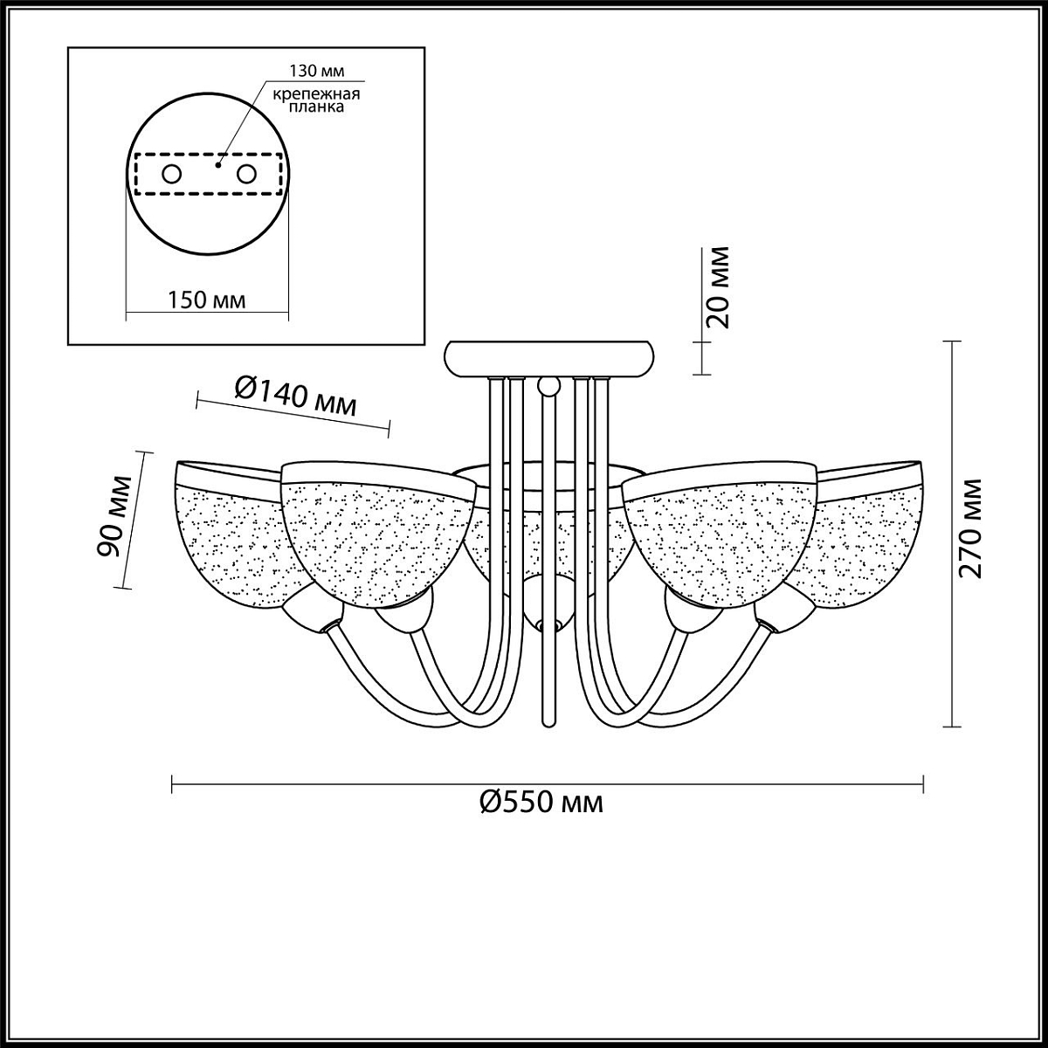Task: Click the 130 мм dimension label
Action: click(x=316, y=72)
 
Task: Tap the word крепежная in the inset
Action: click(x=316, y=94)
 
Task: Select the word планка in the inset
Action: click(x=316, y=107)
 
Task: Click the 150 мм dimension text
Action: click(x=206, y=300)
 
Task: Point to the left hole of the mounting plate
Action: click(x=172, y=175)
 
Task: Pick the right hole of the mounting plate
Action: click(x=246, y=175)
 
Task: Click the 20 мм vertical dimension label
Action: click(x=717, y=287)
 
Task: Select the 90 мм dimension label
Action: click(x=114, y=516)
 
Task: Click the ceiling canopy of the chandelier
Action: click(x=549, y=358)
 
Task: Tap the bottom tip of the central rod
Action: click(x=549, y=725)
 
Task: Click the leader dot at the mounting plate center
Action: click(x=218, y=164)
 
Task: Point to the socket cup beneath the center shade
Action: click(x=548, y=602)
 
